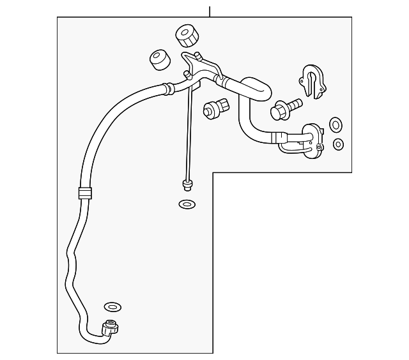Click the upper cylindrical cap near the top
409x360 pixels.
pyautogui.click(x=187, y=36)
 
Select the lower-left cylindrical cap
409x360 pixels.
pyautogui.click(x=159, y=61)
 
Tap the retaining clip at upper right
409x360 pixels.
pyautogui.click(x=313, y=81)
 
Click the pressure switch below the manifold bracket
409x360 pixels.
pyautogui.click(x=215, y=108)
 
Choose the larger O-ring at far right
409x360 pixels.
pyautogui.click(x=336, y=124)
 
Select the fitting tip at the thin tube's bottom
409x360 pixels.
pyautogui.click(x=187, y=185)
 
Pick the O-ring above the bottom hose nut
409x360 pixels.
pyautogui.click(x=111, y=307)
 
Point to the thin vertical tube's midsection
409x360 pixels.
pyautogui.click(x=189, y=128)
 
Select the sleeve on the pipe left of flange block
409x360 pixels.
pyautogui.click(x=279, y=136)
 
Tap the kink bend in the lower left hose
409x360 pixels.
pyautogui.click(x=72, y=259)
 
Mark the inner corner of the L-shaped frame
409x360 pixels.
pyautogui.click(x=213, y=172)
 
